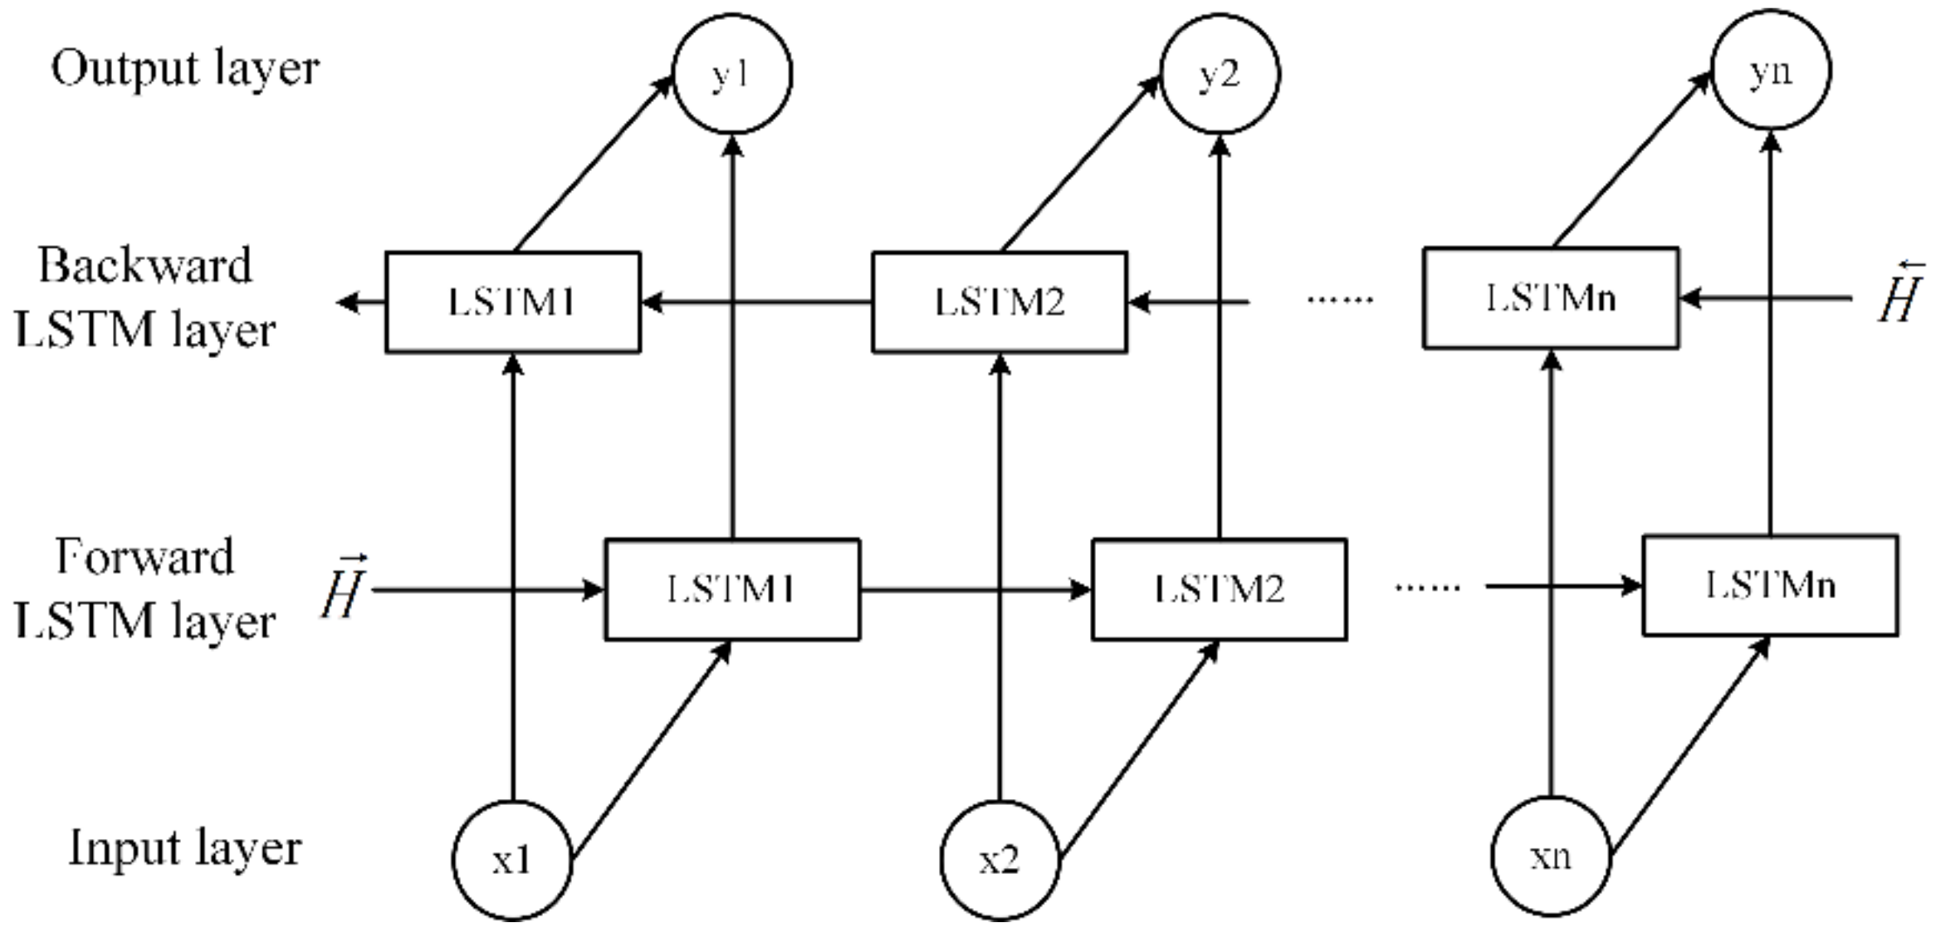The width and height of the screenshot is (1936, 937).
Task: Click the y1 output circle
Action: (x=731, y=74)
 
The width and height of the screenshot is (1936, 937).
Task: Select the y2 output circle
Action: (x=1219, y=74)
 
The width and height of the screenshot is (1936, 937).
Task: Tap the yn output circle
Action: (x=1771, y=71)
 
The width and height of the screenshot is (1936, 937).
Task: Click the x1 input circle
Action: (x=512, y=861)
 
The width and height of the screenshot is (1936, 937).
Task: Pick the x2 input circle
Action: (x=1000, y=861)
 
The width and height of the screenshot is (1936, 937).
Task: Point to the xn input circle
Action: (x=1551, y=856)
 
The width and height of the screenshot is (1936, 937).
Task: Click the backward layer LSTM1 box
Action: (x=512, y=302)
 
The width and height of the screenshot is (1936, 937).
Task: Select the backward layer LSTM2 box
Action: (x=999, y=302)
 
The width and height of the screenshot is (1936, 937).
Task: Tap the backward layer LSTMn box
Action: (x=1551, y=297)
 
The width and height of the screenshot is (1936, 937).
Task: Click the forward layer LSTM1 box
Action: (x=731, y=590)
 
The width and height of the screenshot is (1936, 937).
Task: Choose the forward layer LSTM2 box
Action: (x=1219, y=590)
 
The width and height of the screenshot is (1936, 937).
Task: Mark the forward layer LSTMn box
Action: (x=1770, y=586)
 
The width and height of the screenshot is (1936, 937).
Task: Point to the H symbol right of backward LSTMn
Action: (x=1899, y=292)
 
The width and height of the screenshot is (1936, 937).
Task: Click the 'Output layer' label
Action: (x=185, y=68)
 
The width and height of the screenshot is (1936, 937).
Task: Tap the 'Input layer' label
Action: (x=185, y=848)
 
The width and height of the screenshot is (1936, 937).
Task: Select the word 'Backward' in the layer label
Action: (x=144, y=266)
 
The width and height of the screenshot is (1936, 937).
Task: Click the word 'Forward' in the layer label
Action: (x=144, y=557)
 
